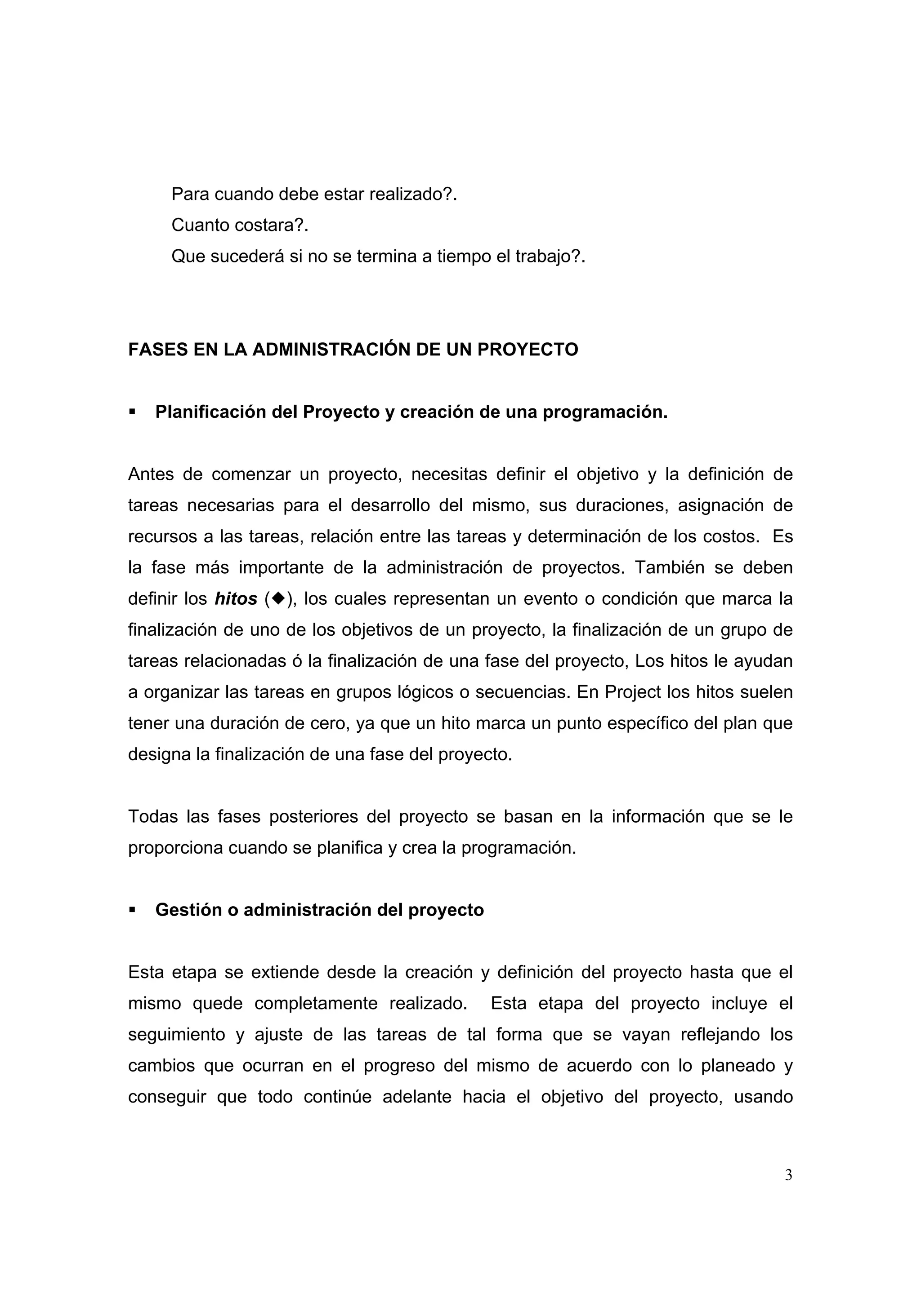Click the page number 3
788,1176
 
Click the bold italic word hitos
236,599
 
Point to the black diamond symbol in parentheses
277,599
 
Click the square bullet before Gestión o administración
132,910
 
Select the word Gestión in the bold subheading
188,910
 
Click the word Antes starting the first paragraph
150,474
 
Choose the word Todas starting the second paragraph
152,817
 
